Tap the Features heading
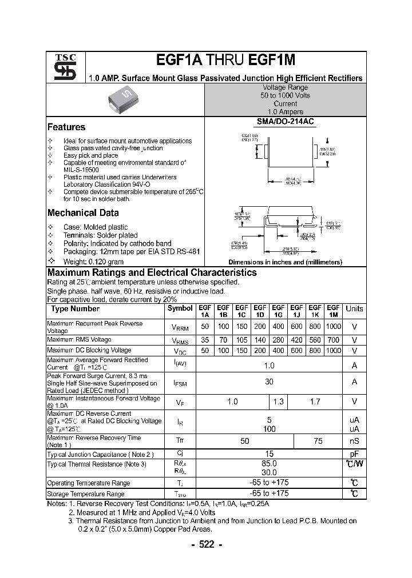tap(66, 127)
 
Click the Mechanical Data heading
tap(83, 213)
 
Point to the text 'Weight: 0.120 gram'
tap(94, 260)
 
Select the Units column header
tap(354, 308)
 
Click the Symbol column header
tap(180, 308)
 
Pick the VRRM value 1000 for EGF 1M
tap(333, 327)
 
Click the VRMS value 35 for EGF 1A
tap(205, 340)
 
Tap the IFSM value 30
tap(269, 382)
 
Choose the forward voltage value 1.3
tap(278, 402)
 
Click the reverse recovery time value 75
tap(318, 441)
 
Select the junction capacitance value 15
tap(269, 454)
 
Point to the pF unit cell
tap(354, 454)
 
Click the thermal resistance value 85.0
tap(269, 464)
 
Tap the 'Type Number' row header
tap(76, 309)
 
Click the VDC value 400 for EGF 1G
tap(278, 350)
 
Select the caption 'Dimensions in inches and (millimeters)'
tap(285, 262)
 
